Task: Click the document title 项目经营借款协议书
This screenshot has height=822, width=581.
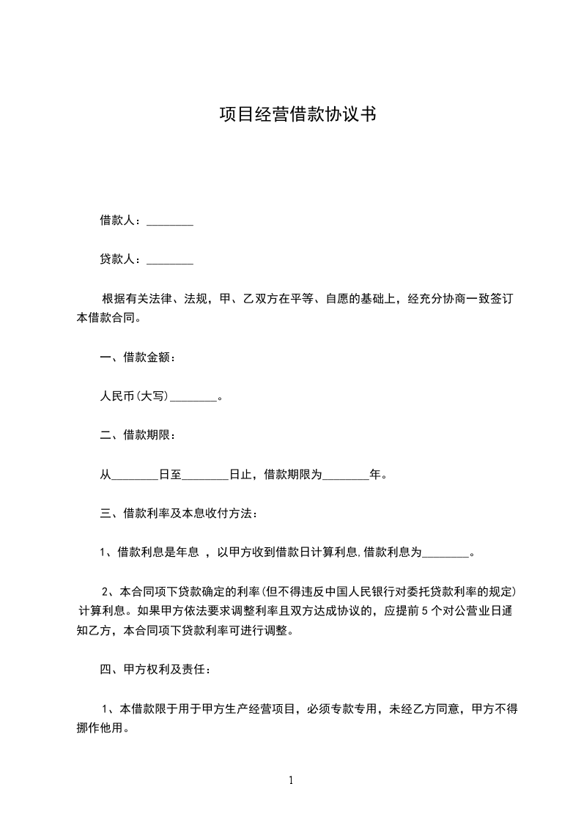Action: (x=298, y=115)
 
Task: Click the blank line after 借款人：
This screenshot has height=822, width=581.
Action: (x=170, y=221)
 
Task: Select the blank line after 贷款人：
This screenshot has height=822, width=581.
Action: (x=170, y=260)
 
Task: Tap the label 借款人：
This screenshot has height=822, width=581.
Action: (x=122, y=221)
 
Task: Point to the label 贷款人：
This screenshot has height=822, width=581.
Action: (x=122, y=259)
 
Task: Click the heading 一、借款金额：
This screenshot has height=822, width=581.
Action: (x=138, y=358)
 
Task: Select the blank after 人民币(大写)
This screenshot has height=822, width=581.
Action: (x=193, y=398)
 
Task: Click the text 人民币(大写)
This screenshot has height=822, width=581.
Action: (x=135, y=397)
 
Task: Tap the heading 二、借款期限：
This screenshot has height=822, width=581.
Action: (x=138, y=436)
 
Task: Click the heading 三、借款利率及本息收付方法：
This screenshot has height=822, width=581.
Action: (x=179, y=514)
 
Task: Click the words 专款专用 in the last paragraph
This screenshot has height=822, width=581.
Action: (x=353, y=709)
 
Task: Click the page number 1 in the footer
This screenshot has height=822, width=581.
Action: (x=291, y=780)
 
